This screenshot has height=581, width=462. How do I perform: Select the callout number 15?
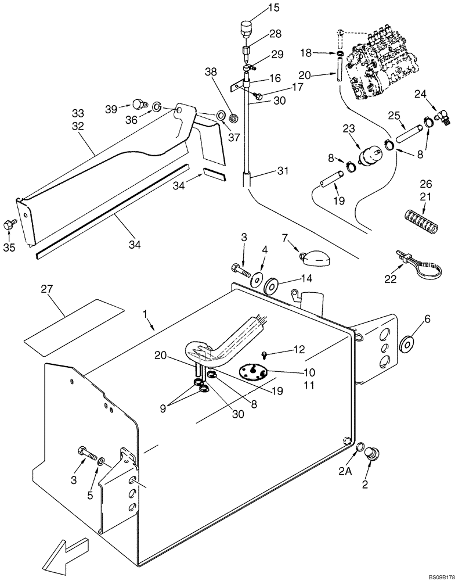point(257,8)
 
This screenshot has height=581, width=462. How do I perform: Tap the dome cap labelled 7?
point(313,255)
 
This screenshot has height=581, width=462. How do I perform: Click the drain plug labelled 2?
point(370,454)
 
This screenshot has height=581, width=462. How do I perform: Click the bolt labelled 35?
point(9,223)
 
